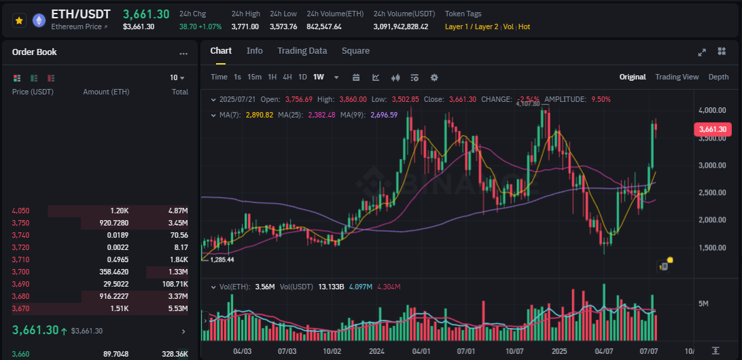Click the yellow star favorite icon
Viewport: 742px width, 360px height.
[x=19, y=20]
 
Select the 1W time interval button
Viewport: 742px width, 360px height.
[x=318, y=77]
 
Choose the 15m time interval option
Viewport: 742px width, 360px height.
[x=254, y=77]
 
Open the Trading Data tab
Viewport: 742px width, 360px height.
[x=302, y=51]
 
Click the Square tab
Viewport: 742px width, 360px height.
[x=355, y=51]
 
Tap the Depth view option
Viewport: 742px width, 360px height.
[x=718, y=77]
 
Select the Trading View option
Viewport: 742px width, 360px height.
[x=677, y=77]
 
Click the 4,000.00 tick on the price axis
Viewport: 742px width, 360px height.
[x=712, y=110]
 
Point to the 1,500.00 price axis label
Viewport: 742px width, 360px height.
[x=712, y=247]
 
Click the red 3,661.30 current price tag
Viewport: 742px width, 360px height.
[x=712, y=129]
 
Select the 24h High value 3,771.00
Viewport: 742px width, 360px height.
[x=245, y=26]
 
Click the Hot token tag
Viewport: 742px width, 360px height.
[x=523, y=26]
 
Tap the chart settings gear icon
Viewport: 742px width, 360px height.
[x=434, y=77]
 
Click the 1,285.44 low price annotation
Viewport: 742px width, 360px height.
[x=222, y=259]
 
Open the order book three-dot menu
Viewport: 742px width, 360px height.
[x=183, y=53]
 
